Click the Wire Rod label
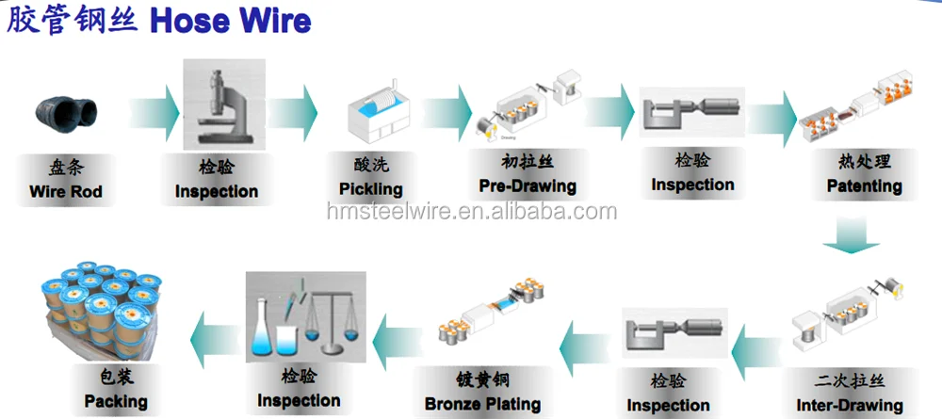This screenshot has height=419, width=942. tap(65, 192)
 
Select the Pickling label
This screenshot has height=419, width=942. tap(370, 189)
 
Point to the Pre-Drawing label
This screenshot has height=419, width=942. tap(528, 185)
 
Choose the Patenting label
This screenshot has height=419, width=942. tap(864, 185)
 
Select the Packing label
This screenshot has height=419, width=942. tap(116, 402)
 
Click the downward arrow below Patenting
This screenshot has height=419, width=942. tap(843, 237)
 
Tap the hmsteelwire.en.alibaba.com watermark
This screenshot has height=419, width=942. tap(472, 212)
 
